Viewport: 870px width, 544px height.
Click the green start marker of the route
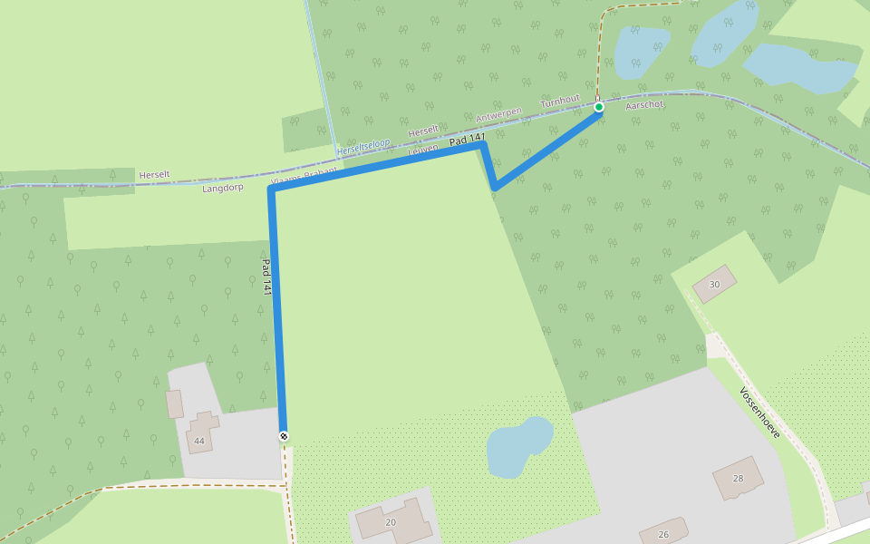598,107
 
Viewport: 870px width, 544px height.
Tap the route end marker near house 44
284,436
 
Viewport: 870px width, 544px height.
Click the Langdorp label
223,188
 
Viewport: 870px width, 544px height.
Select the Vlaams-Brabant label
304,176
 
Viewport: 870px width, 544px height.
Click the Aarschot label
645,104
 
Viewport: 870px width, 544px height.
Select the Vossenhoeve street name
759,413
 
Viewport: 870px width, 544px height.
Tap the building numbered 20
391,520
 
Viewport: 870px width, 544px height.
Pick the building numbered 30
714,284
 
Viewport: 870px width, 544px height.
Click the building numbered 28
737,477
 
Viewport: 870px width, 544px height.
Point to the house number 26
663,534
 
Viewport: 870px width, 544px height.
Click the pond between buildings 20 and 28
518,446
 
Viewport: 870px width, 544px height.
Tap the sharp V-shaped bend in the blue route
494,188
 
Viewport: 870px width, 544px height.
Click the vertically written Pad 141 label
266,277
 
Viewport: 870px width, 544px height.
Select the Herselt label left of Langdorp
154,174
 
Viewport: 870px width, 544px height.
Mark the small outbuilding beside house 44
175,403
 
